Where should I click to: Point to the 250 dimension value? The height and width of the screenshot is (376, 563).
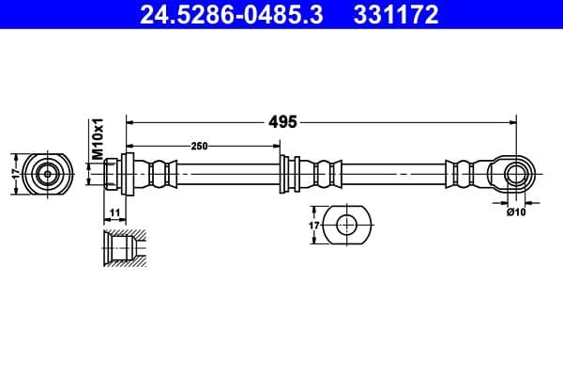pyautogui.click(x=199, y=146)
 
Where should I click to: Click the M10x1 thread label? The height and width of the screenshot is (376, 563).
pyautogui.click(x=96, y=137)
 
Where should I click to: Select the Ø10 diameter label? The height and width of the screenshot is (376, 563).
pyautogui.click(x=514, y=212)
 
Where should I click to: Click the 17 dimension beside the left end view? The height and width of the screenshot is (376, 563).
pyautogui.click(x=13, y=173)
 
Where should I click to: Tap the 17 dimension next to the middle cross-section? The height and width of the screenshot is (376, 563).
pyautogui.click(x=314, y=226)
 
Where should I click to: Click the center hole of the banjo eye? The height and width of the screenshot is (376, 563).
pyautogui.click(x=515, y=173)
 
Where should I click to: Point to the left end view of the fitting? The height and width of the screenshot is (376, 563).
pyautogui.click(x=46, y=173)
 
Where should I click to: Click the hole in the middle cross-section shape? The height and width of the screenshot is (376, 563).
pyautogui.click(x=346, y=226)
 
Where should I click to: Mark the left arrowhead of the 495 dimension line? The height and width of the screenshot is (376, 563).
pyautogui.click(x=130, y=121)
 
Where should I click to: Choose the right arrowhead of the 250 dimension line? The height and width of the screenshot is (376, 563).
pyautogui.click(x=276, y=146)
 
